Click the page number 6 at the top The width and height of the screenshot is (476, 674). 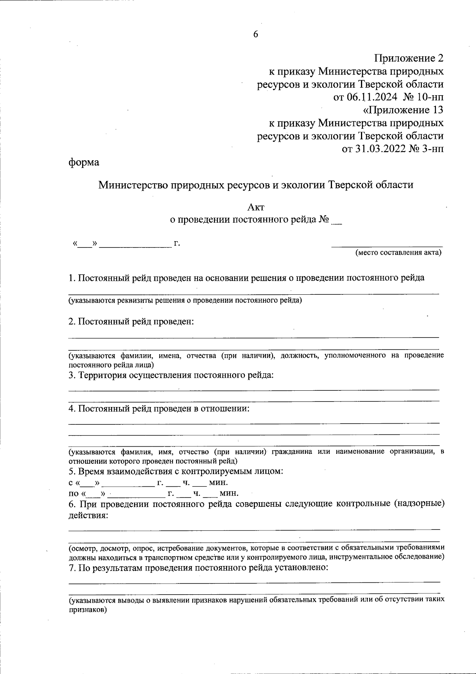(255, 35)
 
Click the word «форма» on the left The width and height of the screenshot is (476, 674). (83, 162)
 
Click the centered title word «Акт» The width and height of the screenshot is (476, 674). (255, 207)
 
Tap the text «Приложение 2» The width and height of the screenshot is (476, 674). (409, 59)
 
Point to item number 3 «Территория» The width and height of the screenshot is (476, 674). (72, 375)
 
